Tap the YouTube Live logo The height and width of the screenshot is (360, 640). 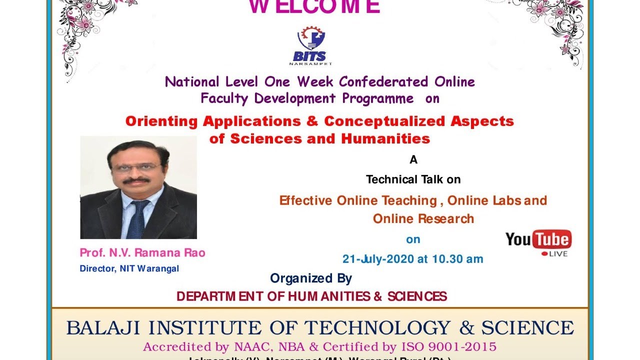(x=538, y=242)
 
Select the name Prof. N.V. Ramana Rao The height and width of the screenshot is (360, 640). (x=142, y=253)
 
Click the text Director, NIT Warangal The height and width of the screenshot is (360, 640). (x=129, y=268)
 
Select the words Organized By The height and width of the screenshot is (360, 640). (x=311, y=278)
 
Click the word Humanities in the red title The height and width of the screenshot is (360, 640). (x=385, y=138)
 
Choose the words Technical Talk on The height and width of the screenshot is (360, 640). (x=413, y=179)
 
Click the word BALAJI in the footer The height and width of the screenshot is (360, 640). (x=102, y=328)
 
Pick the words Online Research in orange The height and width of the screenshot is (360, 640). (x=423, y=218)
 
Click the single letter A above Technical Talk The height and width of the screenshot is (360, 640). (x=413, y=160)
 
